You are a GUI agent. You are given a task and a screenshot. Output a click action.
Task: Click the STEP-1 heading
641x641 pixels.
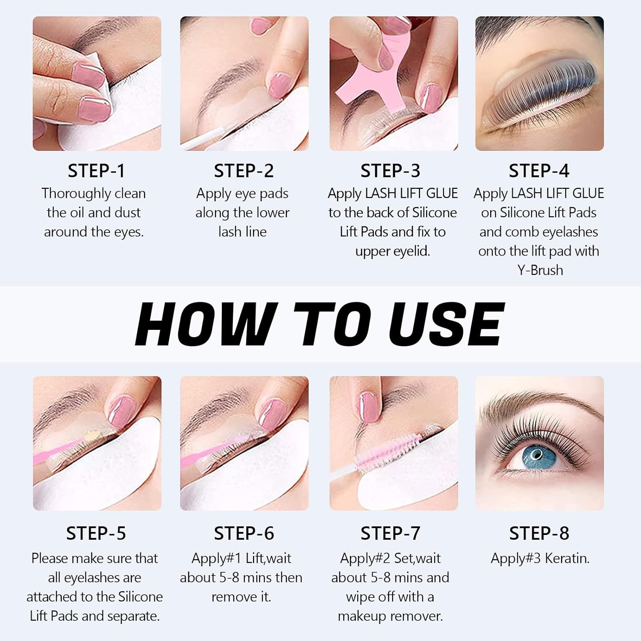[x=96, y=171]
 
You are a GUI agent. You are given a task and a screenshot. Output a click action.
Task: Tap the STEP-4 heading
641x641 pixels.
[x=539, y=171]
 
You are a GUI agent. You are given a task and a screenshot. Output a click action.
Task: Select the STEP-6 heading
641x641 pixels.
[x=244, y=533]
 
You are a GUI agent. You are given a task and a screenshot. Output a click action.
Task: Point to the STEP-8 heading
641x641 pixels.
[x=539, y=533]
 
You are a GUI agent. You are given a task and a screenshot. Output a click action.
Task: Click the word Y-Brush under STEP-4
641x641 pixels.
[x=540, y=271]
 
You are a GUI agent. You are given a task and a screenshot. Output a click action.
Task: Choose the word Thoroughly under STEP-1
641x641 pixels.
[x=71, y=194]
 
